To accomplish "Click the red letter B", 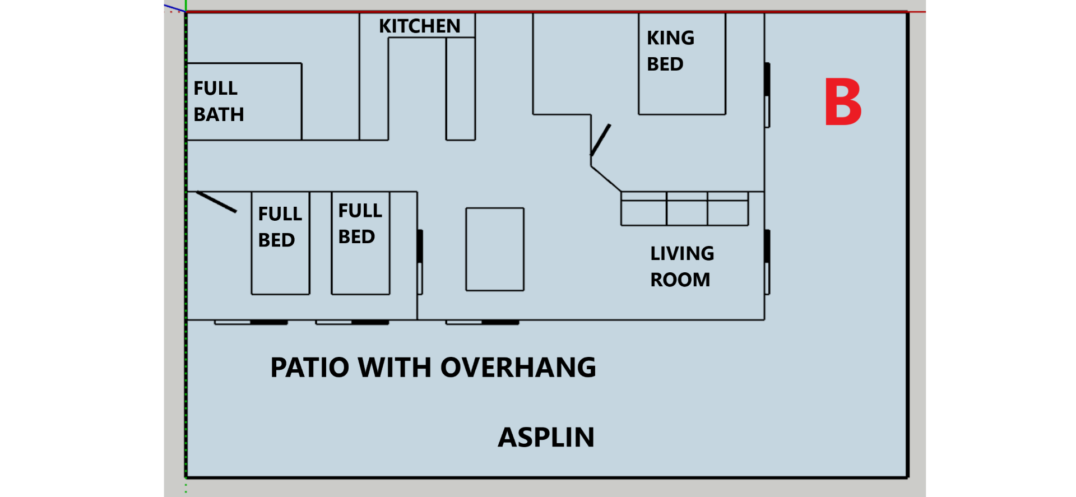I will [x=842, y=102].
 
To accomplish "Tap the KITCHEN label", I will [x=419, y=26].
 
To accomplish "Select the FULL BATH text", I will [x=219, y=101].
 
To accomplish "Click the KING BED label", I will [x=670, y=51].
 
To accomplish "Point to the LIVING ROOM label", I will [x=681, y=266].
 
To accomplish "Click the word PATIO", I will [x=310, y=368].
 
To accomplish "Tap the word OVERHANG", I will [x=518, y=368].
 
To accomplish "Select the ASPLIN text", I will [x=546, y=437].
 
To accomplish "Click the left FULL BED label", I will [x=280, y=227].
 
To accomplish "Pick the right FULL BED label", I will [x=360, y=224].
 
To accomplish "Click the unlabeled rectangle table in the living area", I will [x=494, y=249].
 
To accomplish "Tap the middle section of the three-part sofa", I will [x=687, y=209].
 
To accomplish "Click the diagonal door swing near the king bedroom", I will [x=600, y=140].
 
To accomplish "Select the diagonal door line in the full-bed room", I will [x=216, y=202].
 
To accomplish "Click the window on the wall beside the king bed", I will [x=767, y=95].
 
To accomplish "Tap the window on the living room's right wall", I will [x=767, y=262].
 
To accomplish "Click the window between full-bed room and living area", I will [x=420, y=262].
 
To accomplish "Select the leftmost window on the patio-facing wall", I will [x=251, y=322].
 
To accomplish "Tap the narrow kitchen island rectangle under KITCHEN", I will [x=460, y=89].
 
